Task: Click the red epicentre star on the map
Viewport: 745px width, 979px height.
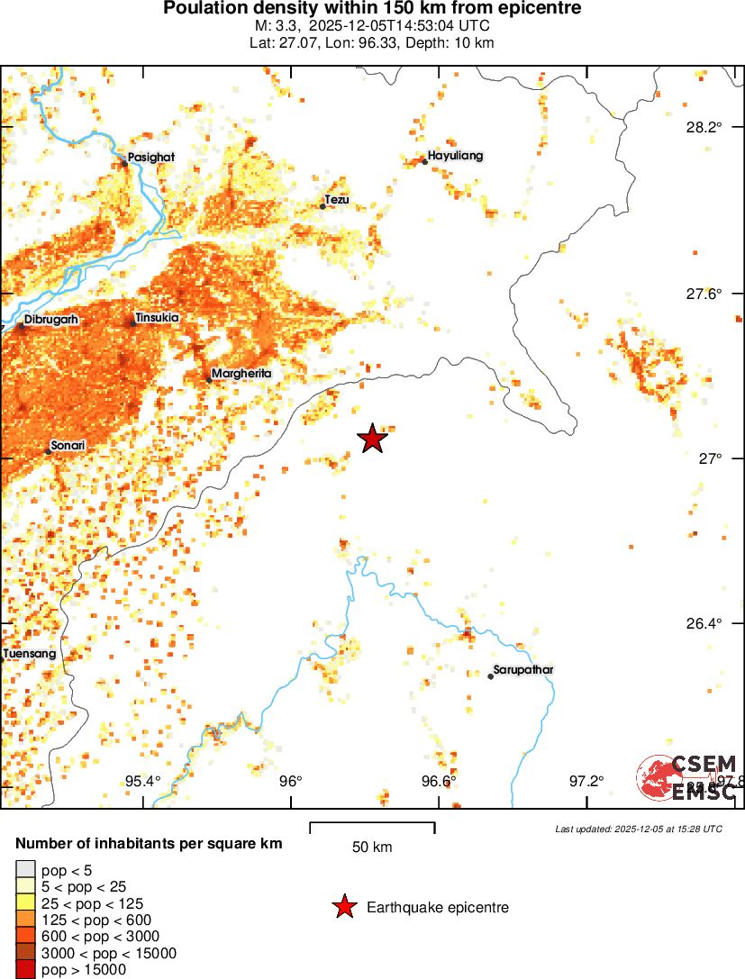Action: click(x=372, y=439)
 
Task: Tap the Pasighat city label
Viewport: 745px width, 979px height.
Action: click(x=150, y=157)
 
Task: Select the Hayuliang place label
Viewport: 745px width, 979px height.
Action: click(x=455, y=156)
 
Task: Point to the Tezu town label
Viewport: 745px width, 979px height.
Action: click(x=337, y=199)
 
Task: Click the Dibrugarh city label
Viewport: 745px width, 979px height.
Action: click(x=51, y=319)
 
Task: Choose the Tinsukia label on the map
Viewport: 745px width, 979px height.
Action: click(x=157, y=318)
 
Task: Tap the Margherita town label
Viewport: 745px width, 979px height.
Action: click(x=241, y=373)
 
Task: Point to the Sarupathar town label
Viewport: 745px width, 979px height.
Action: click(x=523, y=670)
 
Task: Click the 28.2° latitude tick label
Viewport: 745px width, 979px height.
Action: click(x=703, y=127)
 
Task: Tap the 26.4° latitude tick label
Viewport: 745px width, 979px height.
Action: click(x=703, y=623)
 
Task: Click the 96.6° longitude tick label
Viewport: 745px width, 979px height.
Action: click(x=438, y=780)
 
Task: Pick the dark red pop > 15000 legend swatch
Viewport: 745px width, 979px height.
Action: click(x=25, y=969)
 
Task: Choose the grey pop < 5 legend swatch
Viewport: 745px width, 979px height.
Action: click(x=25, y=869)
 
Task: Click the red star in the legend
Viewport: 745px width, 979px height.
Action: click(x=343, y=907)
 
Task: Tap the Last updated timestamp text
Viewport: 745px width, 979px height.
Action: click(x=638, y=829)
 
